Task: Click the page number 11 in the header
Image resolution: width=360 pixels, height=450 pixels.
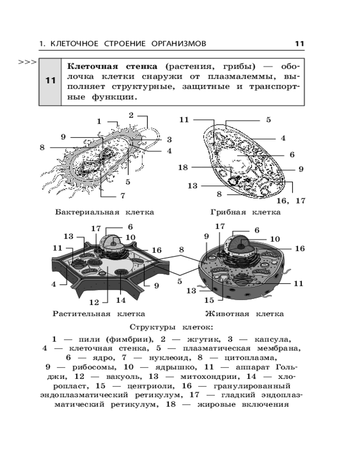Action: point(300,44)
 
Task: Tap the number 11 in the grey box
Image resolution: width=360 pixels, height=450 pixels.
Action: point(50,81)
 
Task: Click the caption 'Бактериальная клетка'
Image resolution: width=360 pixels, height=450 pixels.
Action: point(104,212)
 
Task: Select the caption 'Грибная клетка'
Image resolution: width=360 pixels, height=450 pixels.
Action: point(245,212)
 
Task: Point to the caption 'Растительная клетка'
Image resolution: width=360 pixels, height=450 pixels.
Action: point(99,314)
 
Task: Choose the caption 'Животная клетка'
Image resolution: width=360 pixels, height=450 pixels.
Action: point(244,314)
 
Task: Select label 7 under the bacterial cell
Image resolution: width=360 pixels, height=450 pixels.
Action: point(122,196)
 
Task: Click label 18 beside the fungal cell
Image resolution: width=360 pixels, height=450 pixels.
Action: point(183,168)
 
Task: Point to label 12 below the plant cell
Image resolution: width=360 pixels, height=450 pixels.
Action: point(94,301)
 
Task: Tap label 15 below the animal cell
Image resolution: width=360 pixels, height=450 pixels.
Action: point(209,300)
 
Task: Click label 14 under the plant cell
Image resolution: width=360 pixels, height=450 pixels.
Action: point(121,300)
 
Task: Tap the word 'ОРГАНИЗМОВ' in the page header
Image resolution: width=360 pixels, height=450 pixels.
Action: point(179,44)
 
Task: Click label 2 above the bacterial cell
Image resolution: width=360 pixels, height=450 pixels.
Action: point(131,115)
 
